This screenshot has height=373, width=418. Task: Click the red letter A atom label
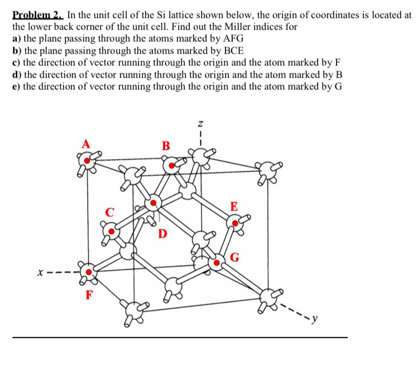[x=85, y=144]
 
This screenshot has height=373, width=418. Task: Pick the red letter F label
[x=88, y=295]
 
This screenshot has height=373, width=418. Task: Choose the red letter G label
[x=236, y=257]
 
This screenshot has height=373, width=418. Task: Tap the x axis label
[x=40, y=274]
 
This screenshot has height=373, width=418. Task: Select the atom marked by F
[x=87, y=273]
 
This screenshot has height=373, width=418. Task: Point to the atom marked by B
[x=171, y=165]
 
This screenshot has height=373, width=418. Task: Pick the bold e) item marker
[x=17, y=87]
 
